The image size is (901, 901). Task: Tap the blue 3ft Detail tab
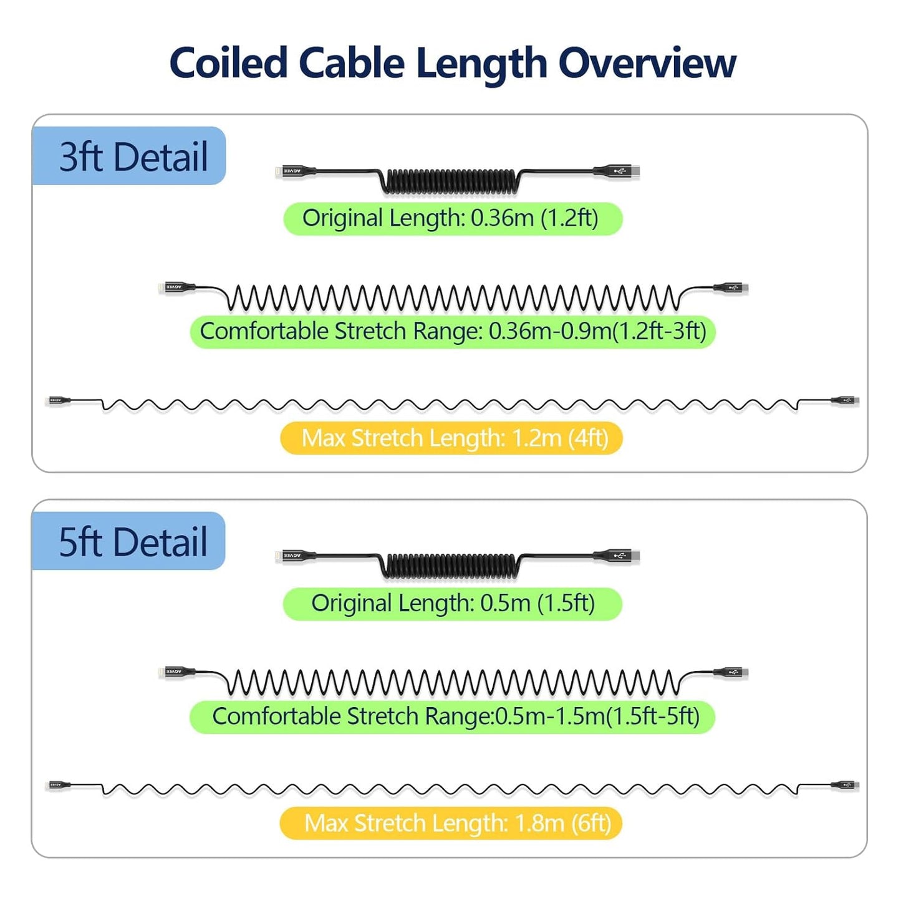(129, 156)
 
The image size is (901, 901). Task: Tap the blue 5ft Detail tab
(129, 541)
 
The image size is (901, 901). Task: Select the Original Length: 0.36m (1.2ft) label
(452, 219)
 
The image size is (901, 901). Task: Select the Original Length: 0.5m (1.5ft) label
(452, 604)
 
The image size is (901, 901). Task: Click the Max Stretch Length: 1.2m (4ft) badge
(451, 438)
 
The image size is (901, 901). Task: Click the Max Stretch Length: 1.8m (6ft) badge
(451, 823)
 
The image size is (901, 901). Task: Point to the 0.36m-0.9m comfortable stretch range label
(452, 331)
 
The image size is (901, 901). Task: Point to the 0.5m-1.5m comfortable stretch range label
(452, 716)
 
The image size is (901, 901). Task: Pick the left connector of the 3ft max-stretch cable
(59, 400)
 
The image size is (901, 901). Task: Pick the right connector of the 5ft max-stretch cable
(846, 785)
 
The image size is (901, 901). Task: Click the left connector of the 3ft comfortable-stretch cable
(178, 287)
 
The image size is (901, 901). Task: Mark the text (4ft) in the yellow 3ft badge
(587, 438)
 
